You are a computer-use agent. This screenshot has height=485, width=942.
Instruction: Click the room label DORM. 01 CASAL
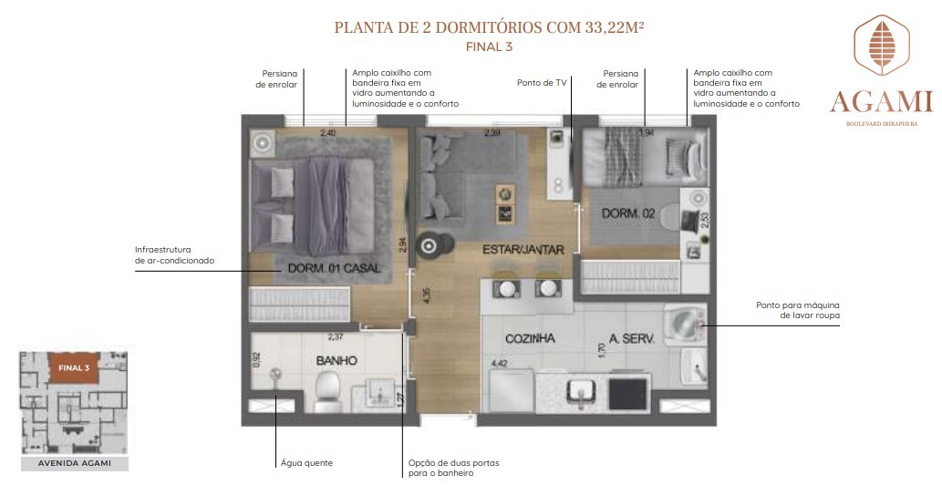tap(333, 268)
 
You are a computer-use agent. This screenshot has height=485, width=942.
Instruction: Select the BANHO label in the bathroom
tap(336, 360)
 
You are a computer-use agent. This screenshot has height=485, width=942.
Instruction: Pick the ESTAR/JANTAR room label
tap(523, 249)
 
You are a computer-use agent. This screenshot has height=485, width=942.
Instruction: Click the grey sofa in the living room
tap(450, 175)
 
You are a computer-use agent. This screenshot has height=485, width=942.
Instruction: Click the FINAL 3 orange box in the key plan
tap(74, 367)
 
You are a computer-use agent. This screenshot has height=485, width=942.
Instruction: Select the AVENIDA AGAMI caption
tap(74, 464)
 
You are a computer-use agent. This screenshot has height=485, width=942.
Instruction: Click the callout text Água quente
tap(306, 463)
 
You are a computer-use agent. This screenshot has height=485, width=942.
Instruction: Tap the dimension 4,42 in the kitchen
tap(499, 364)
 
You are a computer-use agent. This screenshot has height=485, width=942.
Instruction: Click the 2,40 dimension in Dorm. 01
tap(327, 133)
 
